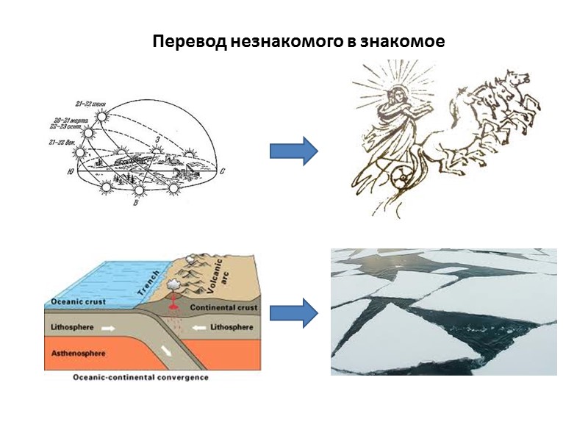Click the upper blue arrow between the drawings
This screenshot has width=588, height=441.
[293, 151]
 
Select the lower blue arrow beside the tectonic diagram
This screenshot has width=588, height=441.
[293, 314]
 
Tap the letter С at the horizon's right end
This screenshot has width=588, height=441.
[221, 171]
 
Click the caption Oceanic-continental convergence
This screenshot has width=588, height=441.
[140, 378]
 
